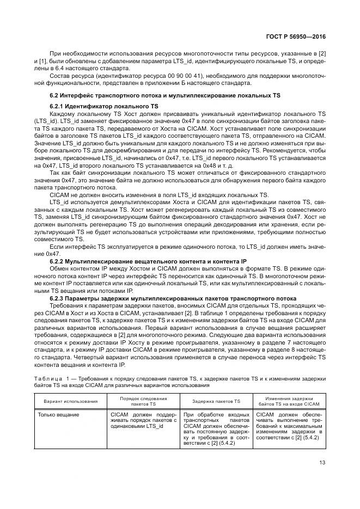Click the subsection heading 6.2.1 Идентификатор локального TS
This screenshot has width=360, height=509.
click(103, 106)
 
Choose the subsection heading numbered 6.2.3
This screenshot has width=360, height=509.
click(173, 298)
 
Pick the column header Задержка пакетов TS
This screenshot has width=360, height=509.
click(216, 401)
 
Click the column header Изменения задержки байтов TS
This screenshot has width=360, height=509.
click(289, 401)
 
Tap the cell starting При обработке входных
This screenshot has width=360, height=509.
click(216, 430)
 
